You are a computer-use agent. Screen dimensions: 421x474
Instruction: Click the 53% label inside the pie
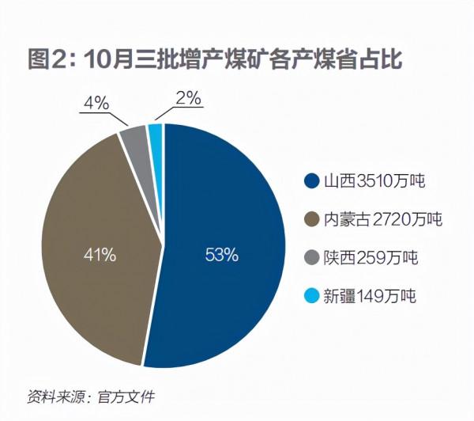coord(221,255)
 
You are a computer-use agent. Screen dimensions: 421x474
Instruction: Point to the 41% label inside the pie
coord(100,255)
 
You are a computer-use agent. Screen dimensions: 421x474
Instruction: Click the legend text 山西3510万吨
coord(374,182)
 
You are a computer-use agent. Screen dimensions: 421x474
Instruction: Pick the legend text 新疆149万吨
coord(370,297)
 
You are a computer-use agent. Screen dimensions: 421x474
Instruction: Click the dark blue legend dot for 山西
coord(312,182)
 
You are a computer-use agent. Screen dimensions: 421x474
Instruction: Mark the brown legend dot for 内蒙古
coord(312,220)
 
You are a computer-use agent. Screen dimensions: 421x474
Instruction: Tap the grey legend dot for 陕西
coord(312,258)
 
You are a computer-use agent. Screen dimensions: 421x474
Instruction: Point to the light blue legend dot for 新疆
coord(312,297)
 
